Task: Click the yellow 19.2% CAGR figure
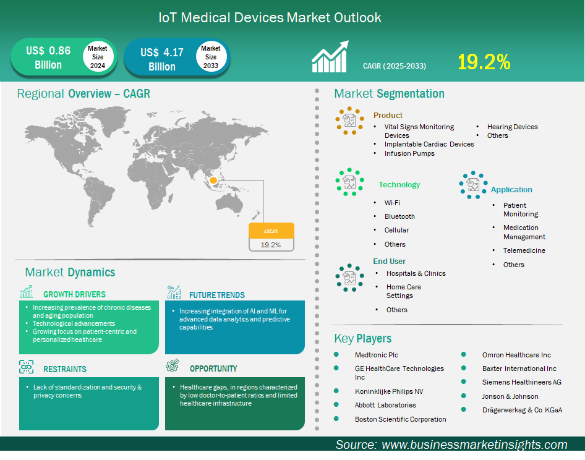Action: [484, 62]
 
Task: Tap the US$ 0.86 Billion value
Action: [48, 57]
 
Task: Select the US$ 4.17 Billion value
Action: [162, 59]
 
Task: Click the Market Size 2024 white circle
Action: [98, 57]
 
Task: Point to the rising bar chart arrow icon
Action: [330, 56]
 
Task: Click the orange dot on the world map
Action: [213, 181]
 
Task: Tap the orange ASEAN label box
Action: [271, 231]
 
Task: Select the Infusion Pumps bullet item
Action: [409, 153]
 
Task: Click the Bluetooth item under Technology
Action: [399, 216]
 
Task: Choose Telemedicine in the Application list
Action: [524, 250]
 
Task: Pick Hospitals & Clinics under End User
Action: [416, 273]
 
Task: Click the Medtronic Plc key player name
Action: [377, 355]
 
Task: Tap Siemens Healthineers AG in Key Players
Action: [521, 382]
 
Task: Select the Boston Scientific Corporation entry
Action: [400, 419]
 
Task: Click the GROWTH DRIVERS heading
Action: [74, 294]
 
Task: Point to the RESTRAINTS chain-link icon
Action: [26, 367]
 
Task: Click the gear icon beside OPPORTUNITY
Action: [173, 366]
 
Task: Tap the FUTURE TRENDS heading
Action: [217, 295]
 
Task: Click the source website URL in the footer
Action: [474, 445]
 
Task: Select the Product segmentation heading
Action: [388, 115]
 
